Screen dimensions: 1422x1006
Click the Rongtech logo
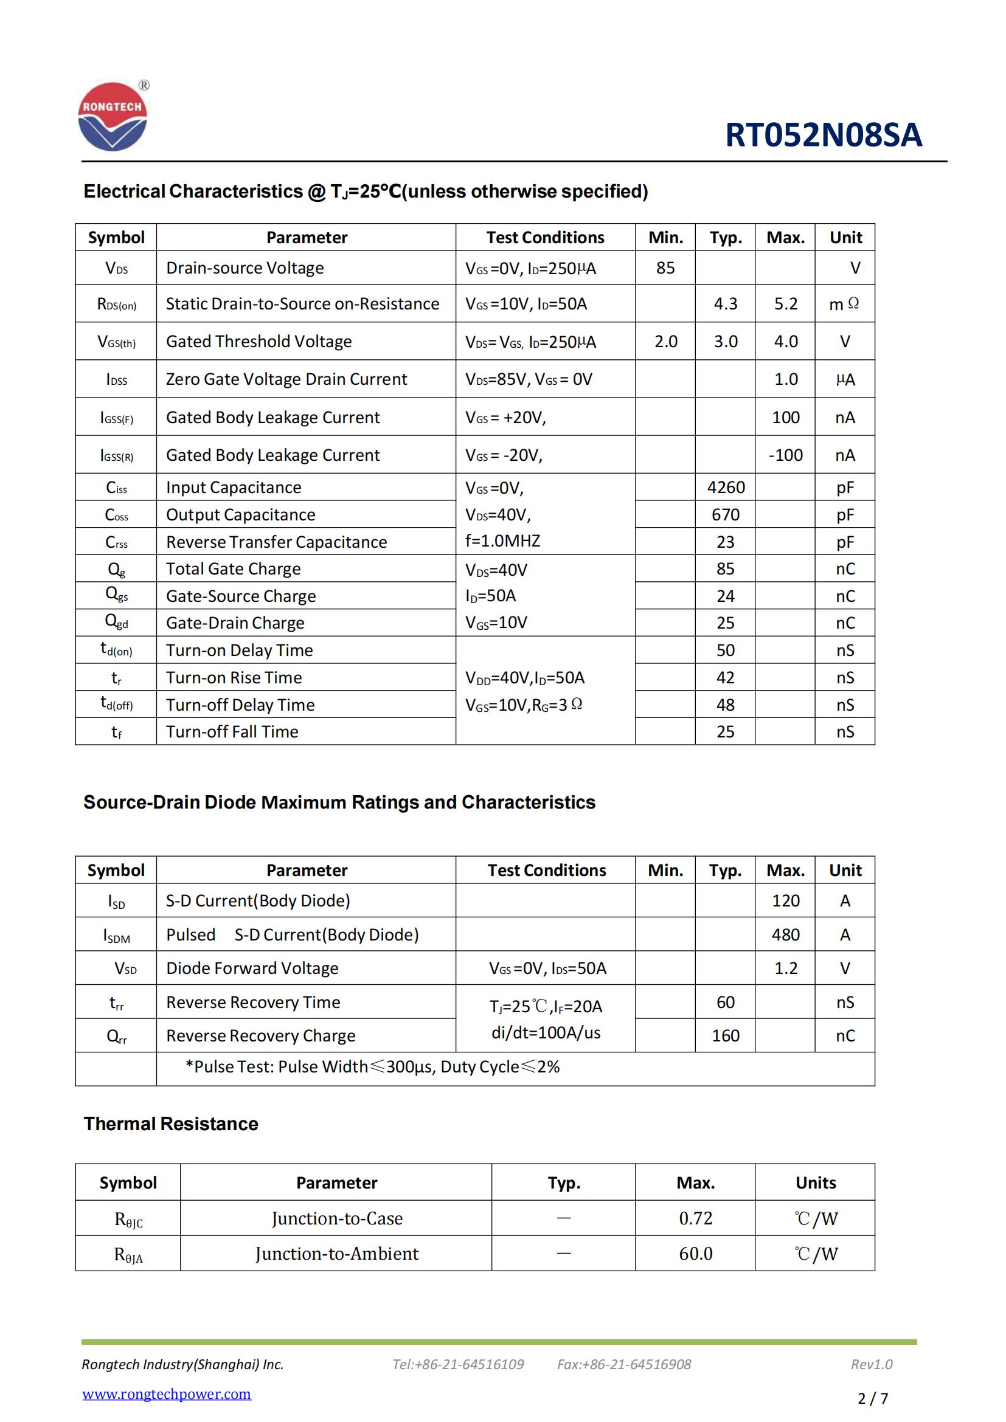tap(113, 117)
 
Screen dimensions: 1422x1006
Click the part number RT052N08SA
tap(824, 135)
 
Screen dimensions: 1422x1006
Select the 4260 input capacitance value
tap(726, 488)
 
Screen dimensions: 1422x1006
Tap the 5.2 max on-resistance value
tap(785, 303)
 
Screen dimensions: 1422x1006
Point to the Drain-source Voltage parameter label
tap(245, 267)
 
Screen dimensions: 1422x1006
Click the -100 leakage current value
tap(785, 455)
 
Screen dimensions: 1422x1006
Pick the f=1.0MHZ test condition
tap(502, 540)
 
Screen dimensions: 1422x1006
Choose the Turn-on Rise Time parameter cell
tap(234, 677)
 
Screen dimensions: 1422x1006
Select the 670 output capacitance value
tap(726, 515)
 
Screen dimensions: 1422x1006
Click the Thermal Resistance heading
tap(171, 1123)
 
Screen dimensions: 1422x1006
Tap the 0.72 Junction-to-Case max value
tap(695, 1218)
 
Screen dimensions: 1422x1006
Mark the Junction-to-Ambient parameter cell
tap(337, 1254)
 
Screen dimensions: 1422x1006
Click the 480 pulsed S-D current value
tap(785, 934)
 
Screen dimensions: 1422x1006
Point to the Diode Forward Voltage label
tap(252, 968)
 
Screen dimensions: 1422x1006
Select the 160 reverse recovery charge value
tap(726, 1035)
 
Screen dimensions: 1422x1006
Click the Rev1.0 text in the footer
tap(871, 1364)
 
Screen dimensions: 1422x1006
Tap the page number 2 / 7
tap(872, 1398)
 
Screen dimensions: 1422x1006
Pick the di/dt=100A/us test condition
tap(546, 1032)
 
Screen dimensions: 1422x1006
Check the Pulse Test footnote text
tap(372, 1066)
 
